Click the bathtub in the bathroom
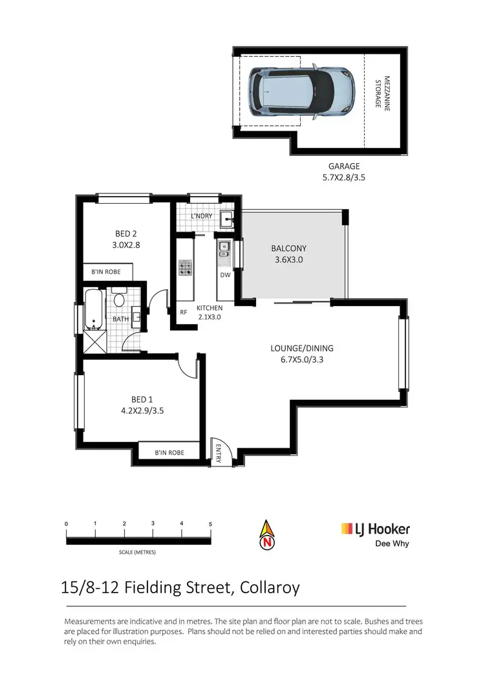[x=92, y=310]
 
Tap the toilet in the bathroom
[x=118, y=300]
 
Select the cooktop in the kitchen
[x=186, y=268]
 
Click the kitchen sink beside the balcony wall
[x=223, y=248]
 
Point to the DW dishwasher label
[x=225, y=275]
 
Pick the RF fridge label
[x=184, y=312]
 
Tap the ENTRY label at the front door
[x=219, y=454]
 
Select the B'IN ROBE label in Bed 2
[x=106, y=272]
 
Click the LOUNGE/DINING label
[x=301, y=348]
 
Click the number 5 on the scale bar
[x=210, y=523]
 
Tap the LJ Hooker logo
[x=376, y=529]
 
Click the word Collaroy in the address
[x=270, y=588]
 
